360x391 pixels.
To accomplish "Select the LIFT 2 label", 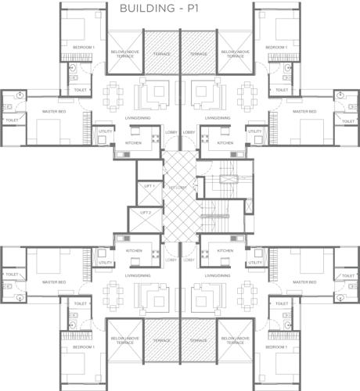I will [145, 213].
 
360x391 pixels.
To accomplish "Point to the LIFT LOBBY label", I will [179, 188].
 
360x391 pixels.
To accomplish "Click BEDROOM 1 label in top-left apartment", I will [83, 48].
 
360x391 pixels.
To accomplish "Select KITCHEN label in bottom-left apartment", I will [134, 251].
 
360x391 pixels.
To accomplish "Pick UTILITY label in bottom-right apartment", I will [254, 263].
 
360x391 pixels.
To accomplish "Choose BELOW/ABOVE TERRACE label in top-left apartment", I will [125, 56].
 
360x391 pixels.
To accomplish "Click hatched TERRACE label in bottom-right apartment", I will [198, 341].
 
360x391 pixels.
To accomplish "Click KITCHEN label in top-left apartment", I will [134, 143].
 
